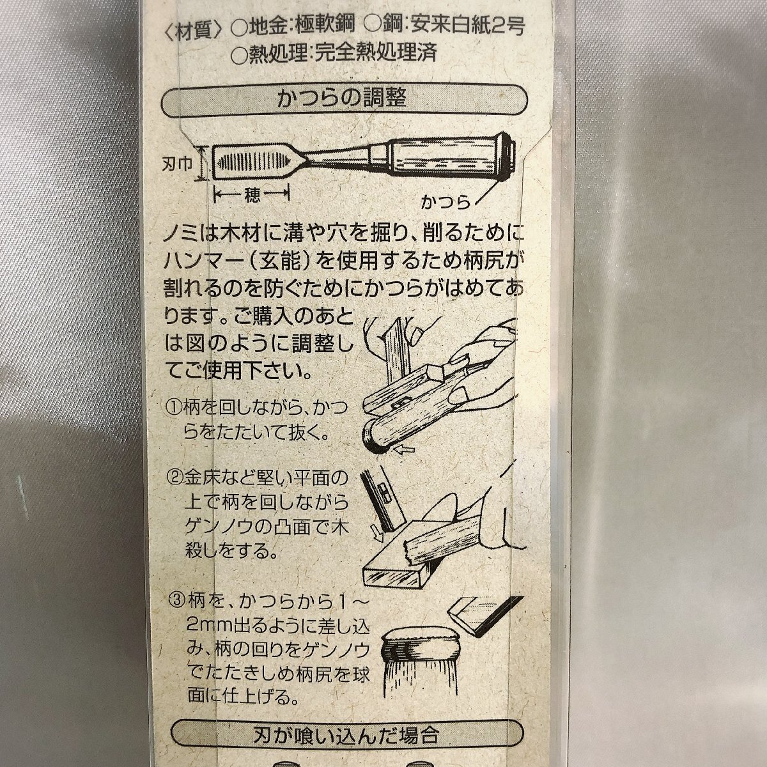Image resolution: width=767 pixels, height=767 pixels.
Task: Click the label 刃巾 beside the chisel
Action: point(177,164)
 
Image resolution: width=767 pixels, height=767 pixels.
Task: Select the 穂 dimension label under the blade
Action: point(252,195)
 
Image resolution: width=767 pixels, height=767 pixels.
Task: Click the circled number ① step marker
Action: point(174,408)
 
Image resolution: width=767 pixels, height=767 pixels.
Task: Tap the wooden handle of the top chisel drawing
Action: point(442,159)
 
